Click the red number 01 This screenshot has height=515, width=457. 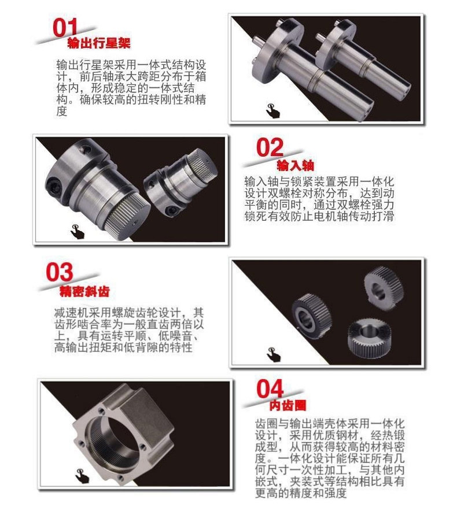[65, 28]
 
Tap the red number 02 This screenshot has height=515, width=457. [270, 148]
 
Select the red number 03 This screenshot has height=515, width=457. [59, 272]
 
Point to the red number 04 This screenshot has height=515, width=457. [270, 388]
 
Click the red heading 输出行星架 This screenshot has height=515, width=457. [99, 43]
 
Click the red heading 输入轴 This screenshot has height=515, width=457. [295, 165]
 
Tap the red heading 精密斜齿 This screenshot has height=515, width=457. [84, 291]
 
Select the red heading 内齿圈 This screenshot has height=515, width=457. [288, 405]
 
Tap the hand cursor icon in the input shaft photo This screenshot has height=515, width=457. [78, 232]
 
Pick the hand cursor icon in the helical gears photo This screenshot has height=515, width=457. [274, 355]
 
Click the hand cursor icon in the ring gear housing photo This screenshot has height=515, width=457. [82, 476]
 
